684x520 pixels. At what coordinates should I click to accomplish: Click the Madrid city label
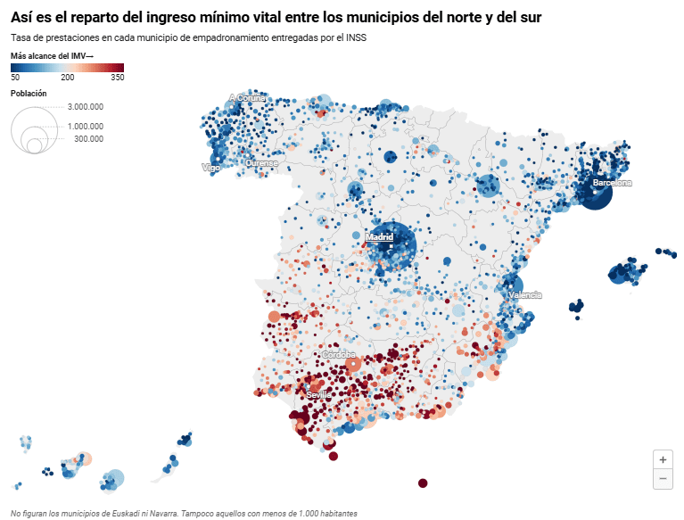(x=379, y=237)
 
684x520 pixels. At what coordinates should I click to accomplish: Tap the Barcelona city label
(x=612, y=183)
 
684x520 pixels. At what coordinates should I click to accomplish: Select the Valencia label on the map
(x=524, y=295)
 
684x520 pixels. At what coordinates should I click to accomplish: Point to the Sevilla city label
(x=317, y=394)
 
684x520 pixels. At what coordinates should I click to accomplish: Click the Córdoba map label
(x=339, y=355)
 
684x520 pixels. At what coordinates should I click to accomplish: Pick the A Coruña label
(x=246, y=98)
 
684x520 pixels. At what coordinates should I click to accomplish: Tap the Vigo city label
(x=210, y=167)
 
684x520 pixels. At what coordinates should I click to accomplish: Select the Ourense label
(x=261, y=163)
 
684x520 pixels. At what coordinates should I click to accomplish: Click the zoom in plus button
(x=663, y=459)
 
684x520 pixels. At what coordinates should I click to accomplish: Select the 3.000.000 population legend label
(x=86, y=106)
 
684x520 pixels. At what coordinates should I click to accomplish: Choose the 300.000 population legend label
(x=88, y=138)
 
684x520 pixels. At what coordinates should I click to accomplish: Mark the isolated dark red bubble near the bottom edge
(x=423, y=483)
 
